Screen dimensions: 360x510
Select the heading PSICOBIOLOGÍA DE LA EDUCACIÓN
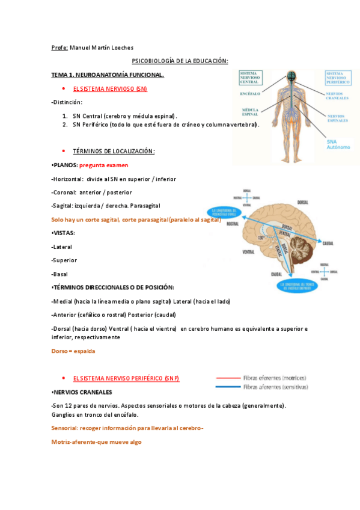pos(180,61)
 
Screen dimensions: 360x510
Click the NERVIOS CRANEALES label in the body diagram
pos(337,96)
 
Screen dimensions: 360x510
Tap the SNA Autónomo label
pos(337,145)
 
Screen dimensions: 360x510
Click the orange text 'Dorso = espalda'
pos(73,351)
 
